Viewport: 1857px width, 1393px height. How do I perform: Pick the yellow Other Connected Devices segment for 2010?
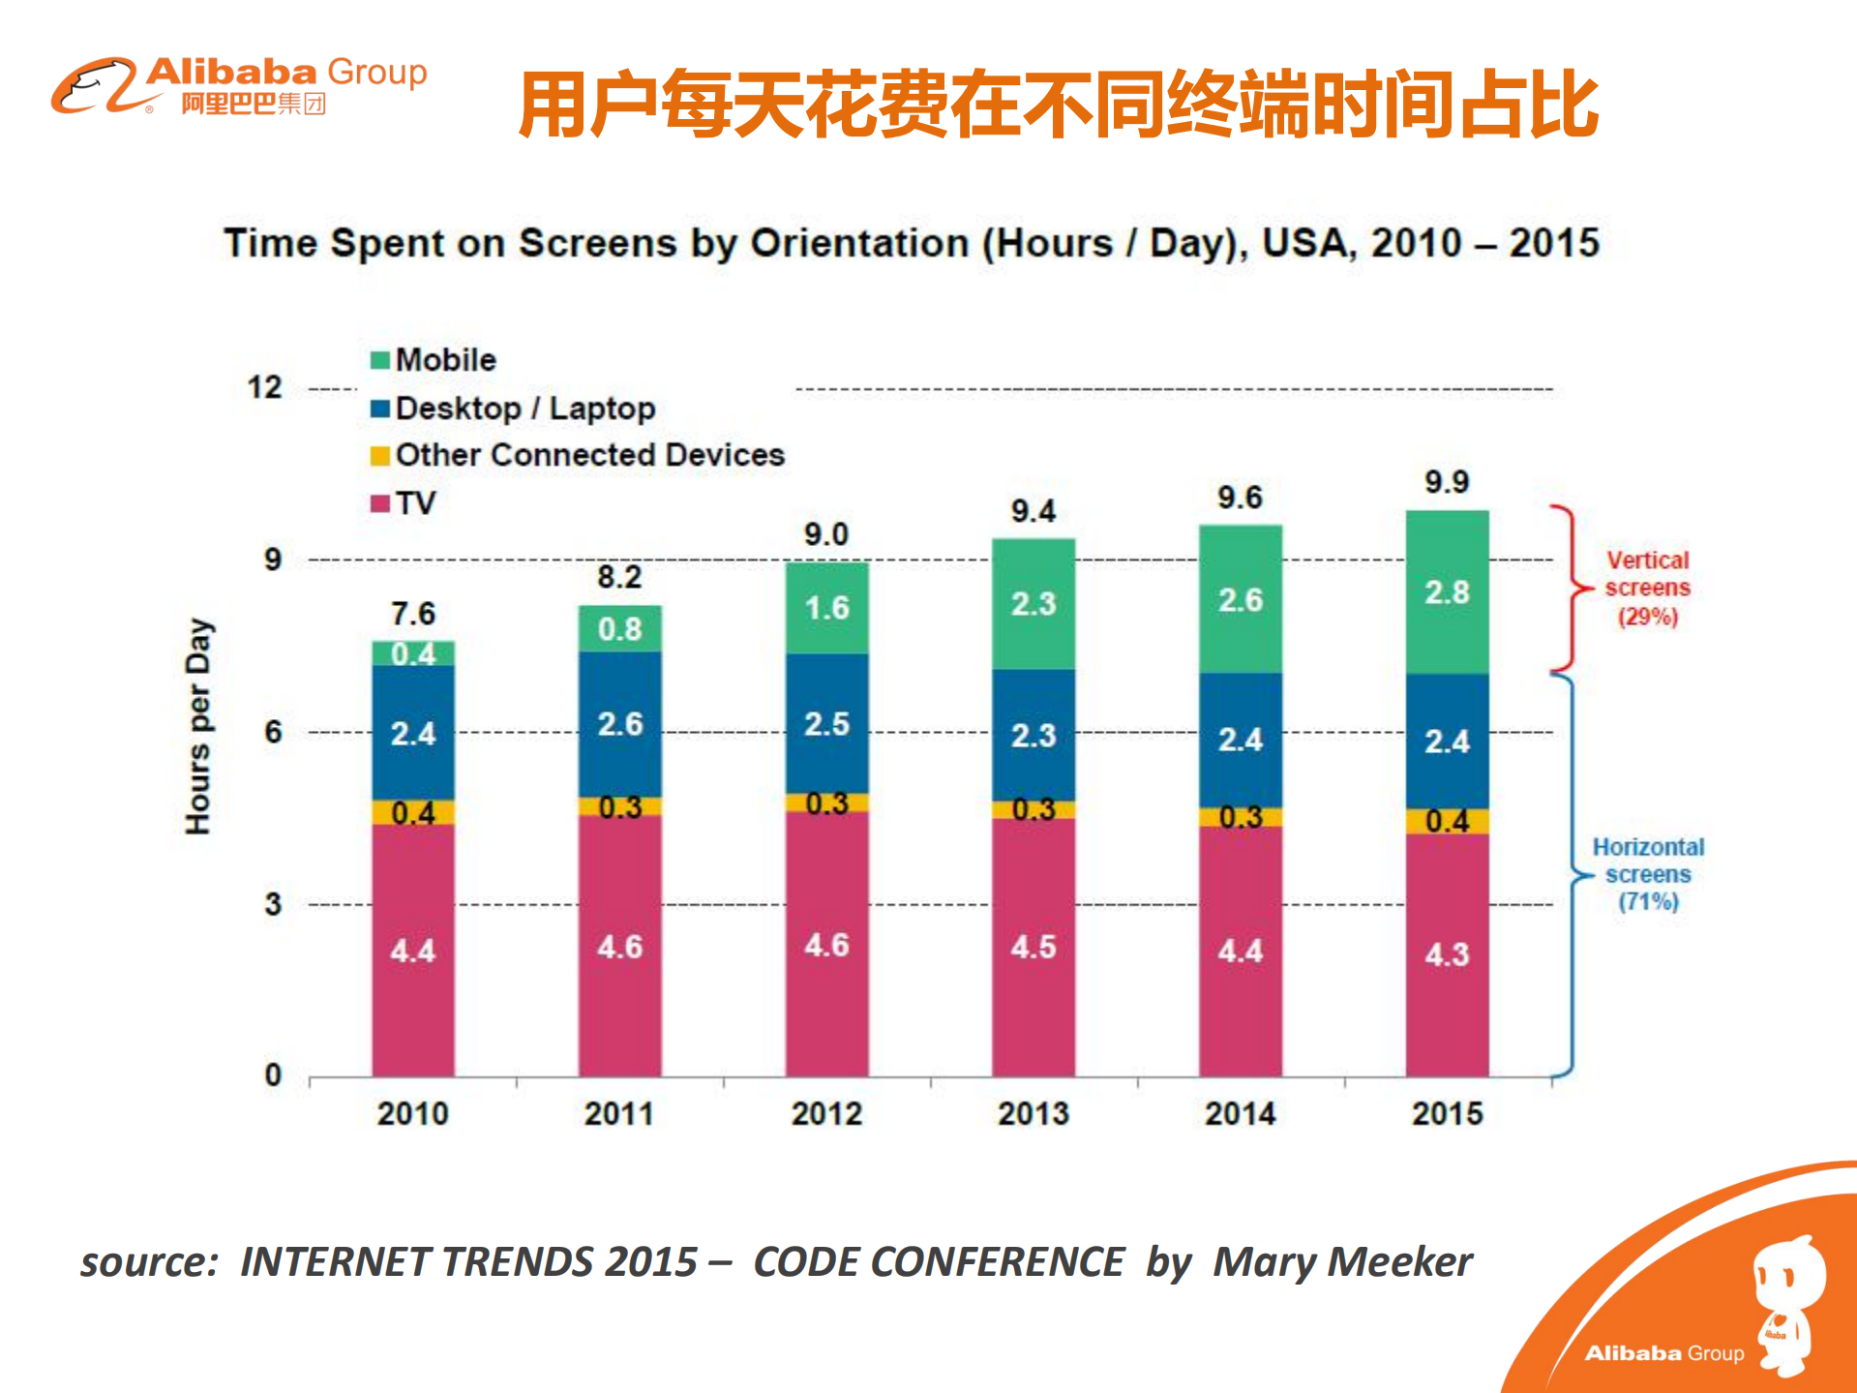(x=413, y=812)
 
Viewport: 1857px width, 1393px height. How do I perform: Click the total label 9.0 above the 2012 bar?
(x=825, y=534)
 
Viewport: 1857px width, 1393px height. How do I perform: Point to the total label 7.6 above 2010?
(x=413, y=614)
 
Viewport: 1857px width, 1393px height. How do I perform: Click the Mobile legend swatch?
(x=380, y=360)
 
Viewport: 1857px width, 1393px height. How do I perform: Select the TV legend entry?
(x=415, y=503)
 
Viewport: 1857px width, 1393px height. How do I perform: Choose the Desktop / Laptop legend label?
(x=524, y=409)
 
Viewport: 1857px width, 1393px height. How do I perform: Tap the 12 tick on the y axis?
(x=264, y=387)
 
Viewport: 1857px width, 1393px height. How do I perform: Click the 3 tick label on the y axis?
(x=273, y=904)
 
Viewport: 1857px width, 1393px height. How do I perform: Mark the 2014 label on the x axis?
(x=1240, y=1113)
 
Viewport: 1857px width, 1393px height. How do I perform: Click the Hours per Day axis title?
(x=198, y=726)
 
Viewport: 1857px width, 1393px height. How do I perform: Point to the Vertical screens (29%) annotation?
(x=1647, y=588)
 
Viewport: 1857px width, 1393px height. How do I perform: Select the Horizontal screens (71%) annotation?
(x=1648, y=874)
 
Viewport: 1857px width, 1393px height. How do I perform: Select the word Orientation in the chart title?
(x=859, y=243)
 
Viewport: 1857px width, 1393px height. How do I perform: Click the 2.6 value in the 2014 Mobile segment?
(x=1240, y=600)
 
